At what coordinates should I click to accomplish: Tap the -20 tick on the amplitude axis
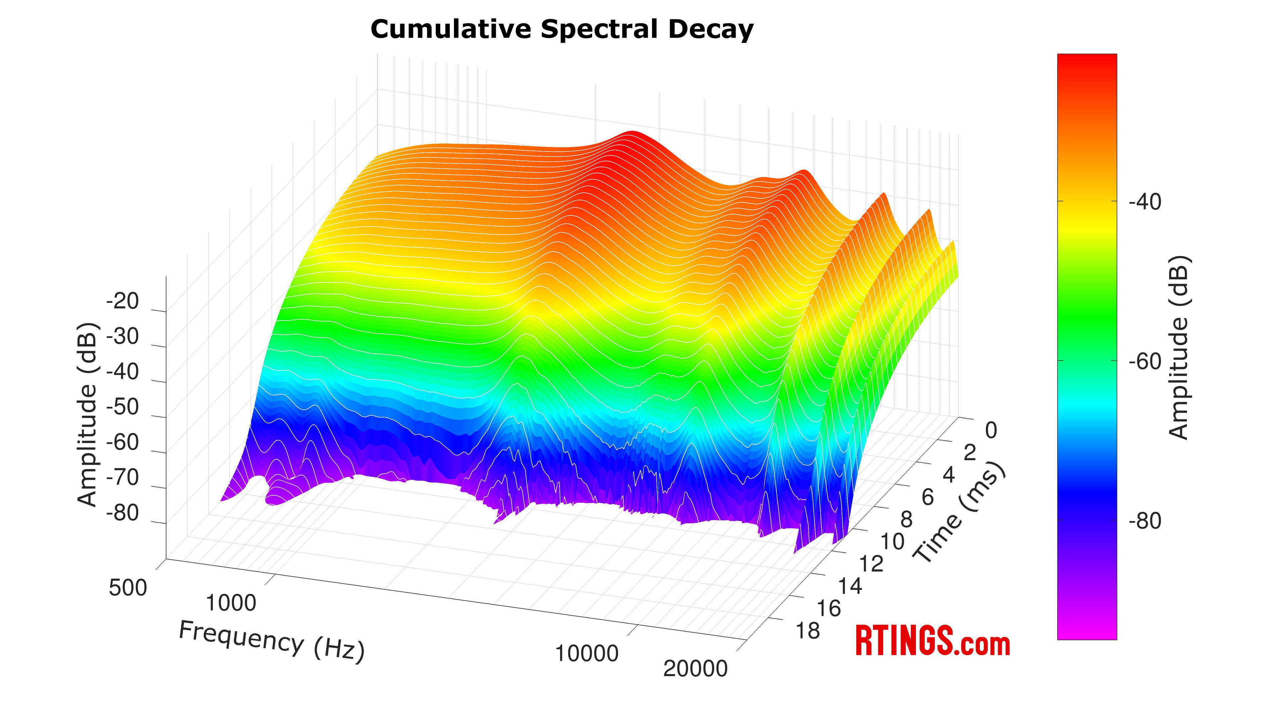(122, 301)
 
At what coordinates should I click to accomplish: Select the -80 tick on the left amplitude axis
(122, 513)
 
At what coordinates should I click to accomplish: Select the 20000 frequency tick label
(695, 669)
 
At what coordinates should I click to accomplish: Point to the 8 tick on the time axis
(906, 520)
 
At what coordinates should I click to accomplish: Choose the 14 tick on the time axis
(850, 586)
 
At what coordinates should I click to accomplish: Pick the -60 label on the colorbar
(1145, 362)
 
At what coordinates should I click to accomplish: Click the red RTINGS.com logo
(933, 641)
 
